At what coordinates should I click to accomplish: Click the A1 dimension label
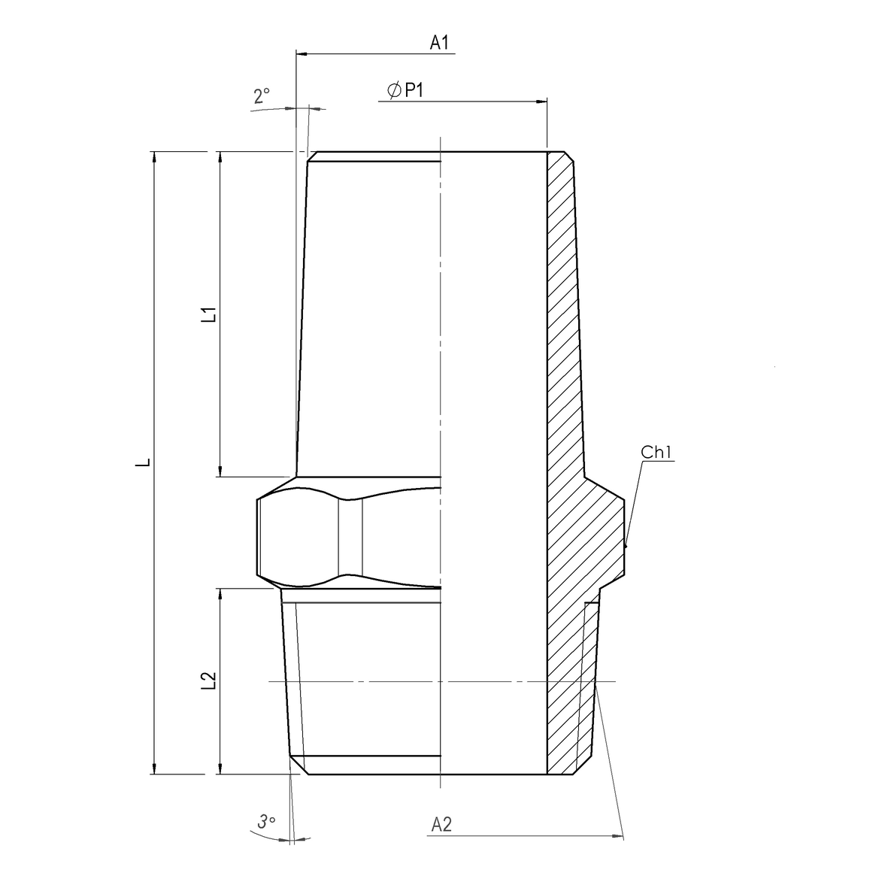tap(439, 43)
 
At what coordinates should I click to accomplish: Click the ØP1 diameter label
tap(406, 90)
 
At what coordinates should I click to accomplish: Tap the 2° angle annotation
tap(262, 95)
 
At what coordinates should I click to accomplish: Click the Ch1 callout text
tap(659, 452)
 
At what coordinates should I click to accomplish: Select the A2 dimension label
tap(441, 825)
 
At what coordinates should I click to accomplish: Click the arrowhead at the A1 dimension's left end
tap(302, 54)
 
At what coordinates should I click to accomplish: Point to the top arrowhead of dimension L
tap(154, 156)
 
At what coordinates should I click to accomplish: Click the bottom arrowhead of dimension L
tap(154, 768)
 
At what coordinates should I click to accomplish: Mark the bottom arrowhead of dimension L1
tap(220, 471)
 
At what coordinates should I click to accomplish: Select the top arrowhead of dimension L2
tap(220, 594)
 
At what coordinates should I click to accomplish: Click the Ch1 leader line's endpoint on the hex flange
tap(626, 547)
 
